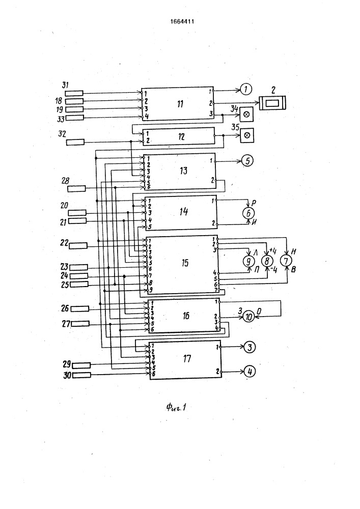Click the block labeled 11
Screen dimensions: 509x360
(x=177, y=104)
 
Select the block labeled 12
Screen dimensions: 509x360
(x=178, y=137)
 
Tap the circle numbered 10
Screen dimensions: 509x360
(x=248, y=316)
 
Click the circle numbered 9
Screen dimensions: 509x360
(x=248, y=261)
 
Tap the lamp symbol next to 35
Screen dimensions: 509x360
(x=247, y=135)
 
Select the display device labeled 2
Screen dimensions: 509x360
(x=273, y=103)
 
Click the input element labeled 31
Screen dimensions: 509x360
(x=74, y=93)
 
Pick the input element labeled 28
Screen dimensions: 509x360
(x=77, y=189)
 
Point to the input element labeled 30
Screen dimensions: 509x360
(x=81, y=375)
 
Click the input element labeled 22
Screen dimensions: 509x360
(x=78, y=245)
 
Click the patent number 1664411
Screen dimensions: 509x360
(x=181, y=21)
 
